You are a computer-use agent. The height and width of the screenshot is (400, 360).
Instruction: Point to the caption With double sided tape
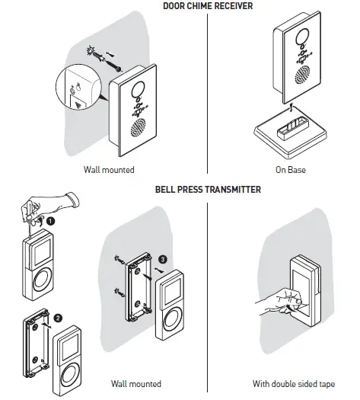pos(290,383)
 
